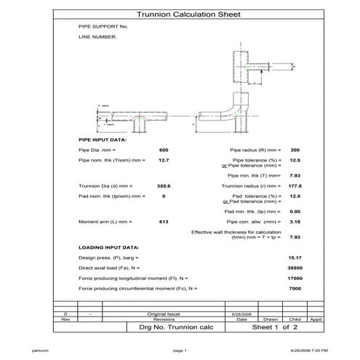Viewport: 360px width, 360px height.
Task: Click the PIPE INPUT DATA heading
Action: (103, 139)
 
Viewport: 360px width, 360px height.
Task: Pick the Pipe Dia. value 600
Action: (164, 149)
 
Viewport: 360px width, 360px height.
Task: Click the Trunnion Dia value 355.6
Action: (164, 186)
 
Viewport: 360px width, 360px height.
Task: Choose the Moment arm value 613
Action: (164, 220)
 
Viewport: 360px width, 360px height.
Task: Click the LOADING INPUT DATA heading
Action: (108, 247)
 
